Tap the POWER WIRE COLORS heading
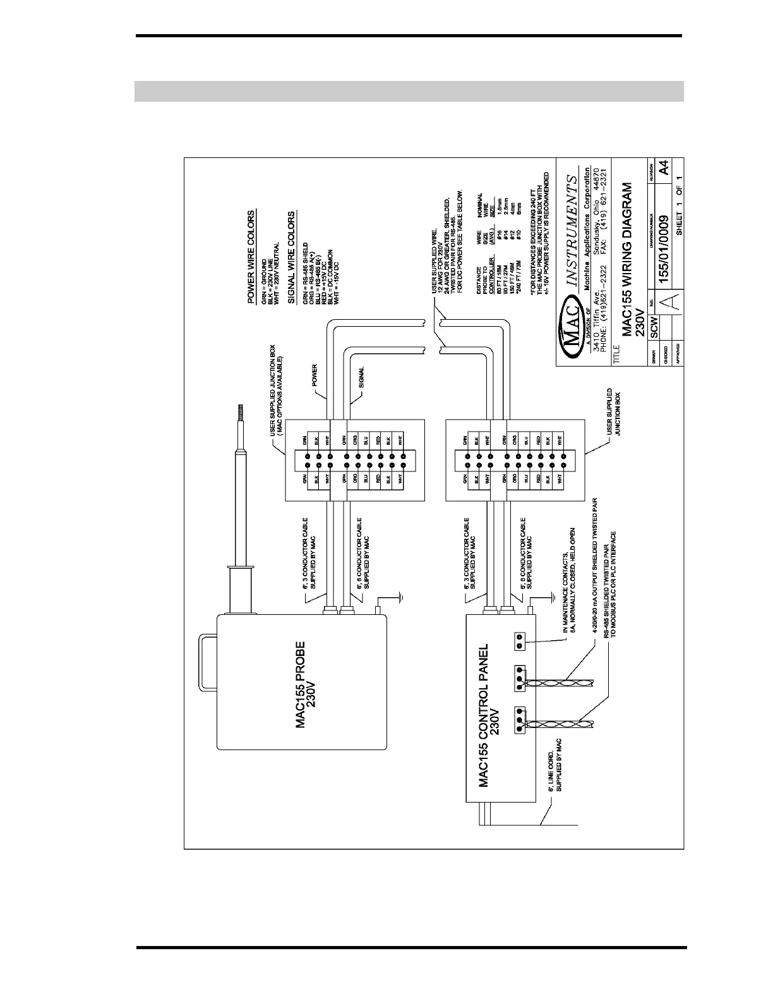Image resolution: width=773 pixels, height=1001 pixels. (x=252, y=257)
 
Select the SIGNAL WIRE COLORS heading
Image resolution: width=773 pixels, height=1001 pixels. (x=291, y=257)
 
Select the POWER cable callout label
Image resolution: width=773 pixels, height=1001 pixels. (x=314, y=376)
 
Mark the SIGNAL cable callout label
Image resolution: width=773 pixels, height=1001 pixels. (x=362, y=376)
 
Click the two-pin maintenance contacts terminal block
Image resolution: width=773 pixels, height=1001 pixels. (x=518, y=641)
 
